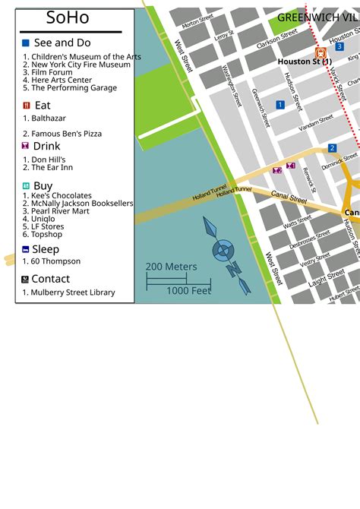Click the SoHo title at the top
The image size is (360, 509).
pyautogui.click(x=68, y=17)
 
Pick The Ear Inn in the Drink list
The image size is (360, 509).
pyautogui.click(x=52, y=168)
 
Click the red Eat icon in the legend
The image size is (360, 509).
pyautogui.click(x=27, y=106)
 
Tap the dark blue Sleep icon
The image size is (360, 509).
pyautogui.click(x=27, y=249)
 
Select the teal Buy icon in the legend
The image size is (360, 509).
pyautogui.click(x=27, y=185)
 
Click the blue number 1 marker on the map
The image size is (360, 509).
pyautogui.click(x=280, y=105)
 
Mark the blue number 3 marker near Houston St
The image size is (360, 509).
pyautogui.click(x=339, y=46)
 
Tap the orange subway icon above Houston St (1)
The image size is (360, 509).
pyautogui.click(x=321, y=52)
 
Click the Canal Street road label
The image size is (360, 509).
pyautogui.click(x=288, y=199)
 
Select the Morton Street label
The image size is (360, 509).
pyautogui.click(x=197, y=21)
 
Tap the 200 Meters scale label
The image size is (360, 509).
pyautogui.click(x=172, y=267)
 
